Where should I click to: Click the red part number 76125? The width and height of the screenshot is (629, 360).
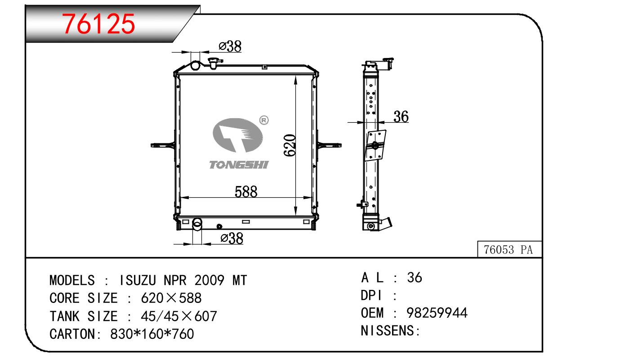click(x=98, y=24)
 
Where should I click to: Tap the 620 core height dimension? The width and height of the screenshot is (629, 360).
click(x=290, y=145)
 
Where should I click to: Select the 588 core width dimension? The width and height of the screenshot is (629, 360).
click(x=246, y=192)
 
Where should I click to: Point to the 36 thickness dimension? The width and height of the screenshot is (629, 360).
click(x=401, y=117)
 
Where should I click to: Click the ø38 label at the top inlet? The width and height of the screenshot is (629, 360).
click(x=230, y=46)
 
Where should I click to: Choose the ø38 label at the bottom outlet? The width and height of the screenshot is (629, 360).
click(x=232, y=239)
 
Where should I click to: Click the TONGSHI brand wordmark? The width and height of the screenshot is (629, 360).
click(x=239, y=164)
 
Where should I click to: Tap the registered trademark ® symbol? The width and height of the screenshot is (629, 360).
click(x=263, y=120)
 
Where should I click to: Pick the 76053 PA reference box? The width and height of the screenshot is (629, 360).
click(x=509, y=249)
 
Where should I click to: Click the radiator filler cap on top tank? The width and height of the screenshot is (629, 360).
click(x=215, y=63)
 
